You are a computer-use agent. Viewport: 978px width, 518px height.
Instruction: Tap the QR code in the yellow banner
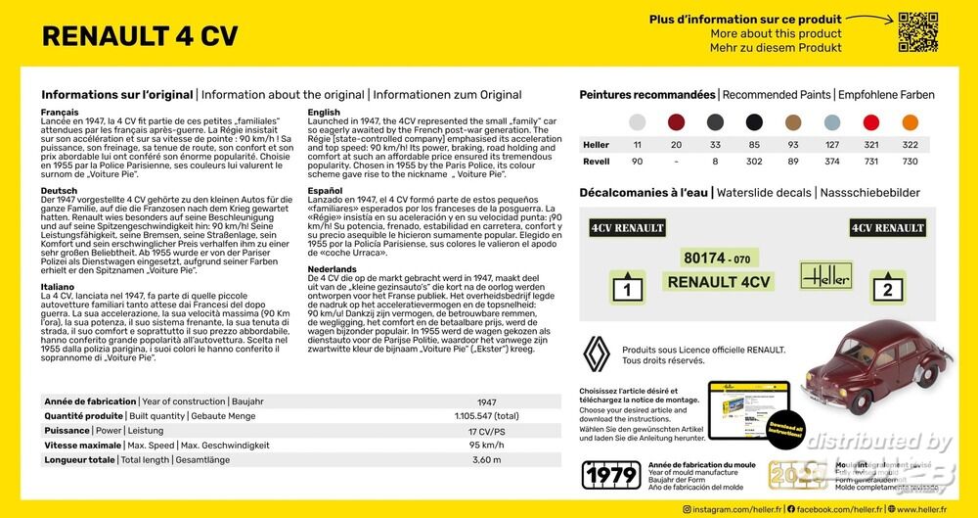click(x=918, y=32)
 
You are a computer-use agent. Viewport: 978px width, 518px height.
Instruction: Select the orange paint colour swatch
click(x=910, y=122)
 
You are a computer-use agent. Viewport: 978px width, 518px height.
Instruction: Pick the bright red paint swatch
click(x=870, y=122)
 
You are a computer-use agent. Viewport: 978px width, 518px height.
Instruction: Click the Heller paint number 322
click(x=910, y=145)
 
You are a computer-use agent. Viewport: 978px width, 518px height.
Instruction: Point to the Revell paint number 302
click(x=754, y=162)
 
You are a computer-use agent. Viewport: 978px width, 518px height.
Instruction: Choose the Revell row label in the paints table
click(x=597, y=162)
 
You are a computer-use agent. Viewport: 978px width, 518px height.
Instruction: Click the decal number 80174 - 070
click(x=718, y=259)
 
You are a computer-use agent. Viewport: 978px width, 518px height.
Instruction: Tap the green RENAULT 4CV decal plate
click(x=719, y=282)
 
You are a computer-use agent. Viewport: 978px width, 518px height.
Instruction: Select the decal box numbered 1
click(x=627, y=288)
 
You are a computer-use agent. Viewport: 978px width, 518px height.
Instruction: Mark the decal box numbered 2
click(x=887, y=288)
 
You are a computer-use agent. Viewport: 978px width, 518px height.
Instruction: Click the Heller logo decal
click(x=825, y=275)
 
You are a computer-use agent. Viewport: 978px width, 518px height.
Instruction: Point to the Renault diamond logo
click(x=597, y=353)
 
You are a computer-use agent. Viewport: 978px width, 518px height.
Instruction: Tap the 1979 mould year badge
click(x=610, y=475)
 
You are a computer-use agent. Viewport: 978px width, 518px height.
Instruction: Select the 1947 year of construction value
click(x=486, y=402)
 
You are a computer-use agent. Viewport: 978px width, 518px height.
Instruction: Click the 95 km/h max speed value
click(x=486, y=446)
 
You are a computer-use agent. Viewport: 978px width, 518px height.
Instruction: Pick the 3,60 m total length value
click(x=486, y=460)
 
